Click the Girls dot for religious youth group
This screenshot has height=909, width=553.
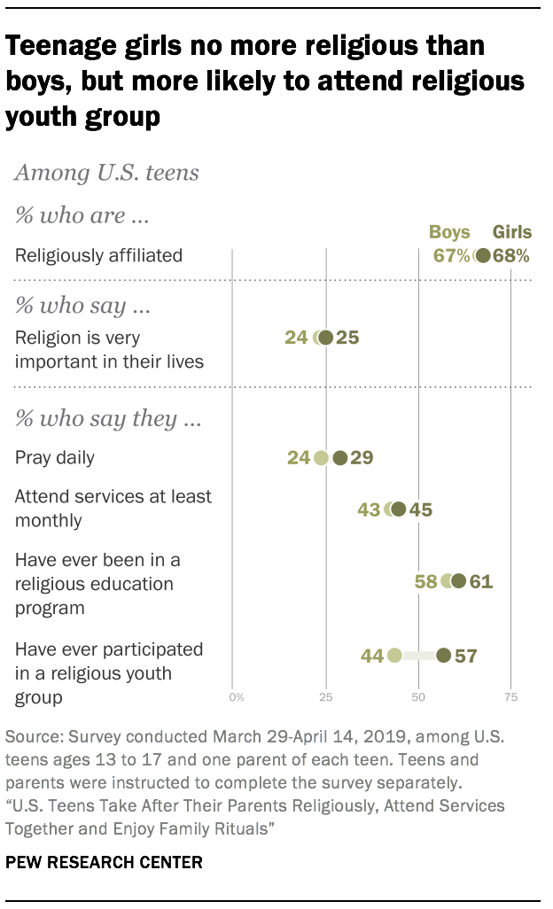tap(443, 656)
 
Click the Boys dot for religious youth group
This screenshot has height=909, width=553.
tap(394, 656)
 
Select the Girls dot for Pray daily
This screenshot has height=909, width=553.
tap(339, 458)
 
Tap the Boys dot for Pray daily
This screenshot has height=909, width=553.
tap(321, 458)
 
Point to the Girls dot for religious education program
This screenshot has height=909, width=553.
tap(458, 581)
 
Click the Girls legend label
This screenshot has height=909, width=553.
tap(511, 233)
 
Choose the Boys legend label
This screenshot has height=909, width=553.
tap(449, 233)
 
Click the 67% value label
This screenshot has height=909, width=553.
tap(451, 256)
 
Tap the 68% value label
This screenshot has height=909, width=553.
tap(511, 256)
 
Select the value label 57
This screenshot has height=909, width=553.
tap(465, 656)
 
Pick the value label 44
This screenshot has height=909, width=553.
tap(372, 656)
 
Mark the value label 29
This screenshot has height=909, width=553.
tap(362, 458)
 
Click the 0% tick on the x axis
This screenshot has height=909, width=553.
tap(236, 697)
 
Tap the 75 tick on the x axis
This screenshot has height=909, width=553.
tap(510, 697)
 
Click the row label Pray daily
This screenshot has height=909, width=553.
tap(55, 458)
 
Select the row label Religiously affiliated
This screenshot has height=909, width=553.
tap(98, 256)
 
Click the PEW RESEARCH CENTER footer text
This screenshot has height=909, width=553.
tap(104, 861)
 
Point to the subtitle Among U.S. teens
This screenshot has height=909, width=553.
tap(106, 173)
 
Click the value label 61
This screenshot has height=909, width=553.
tap(480, 582)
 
